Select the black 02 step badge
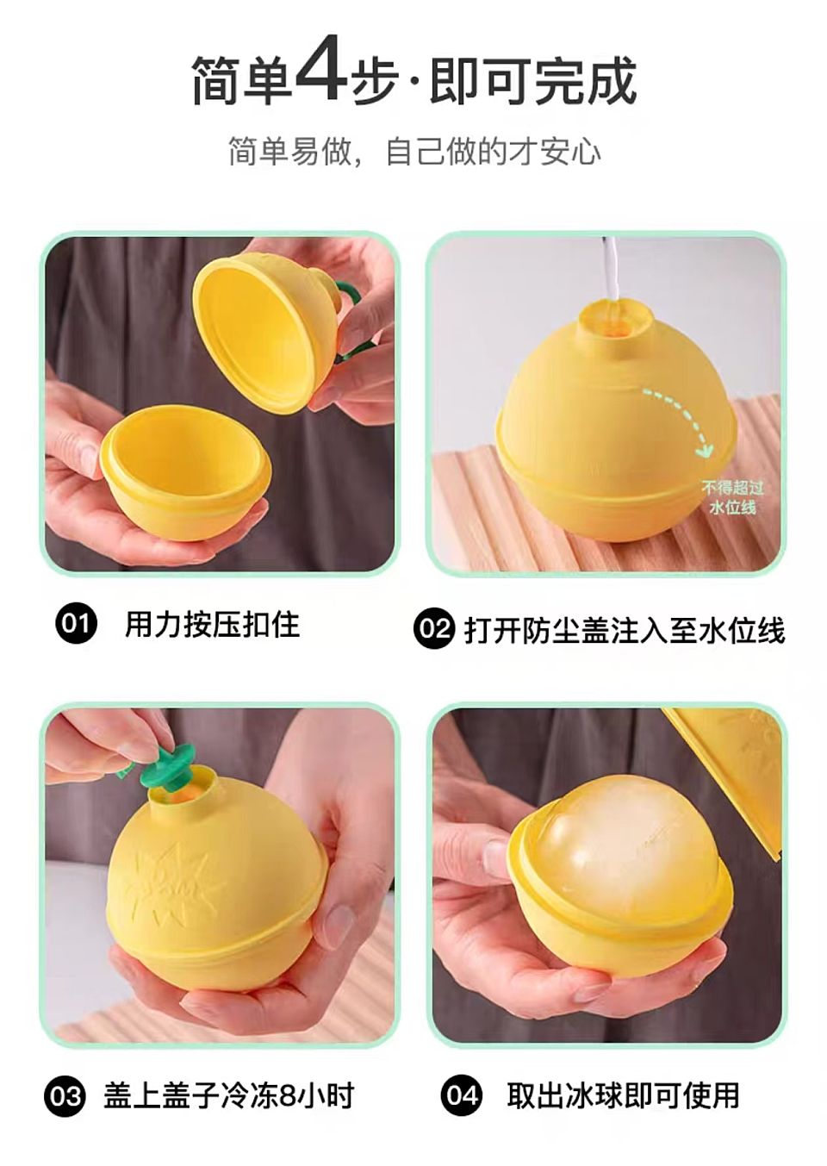[434, 629]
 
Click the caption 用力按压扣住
[212, 624]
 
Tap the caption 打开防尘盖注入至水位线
[625, 629]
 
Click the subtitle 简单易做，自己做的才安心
[415, 151]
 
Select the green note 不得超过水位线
[732, 497]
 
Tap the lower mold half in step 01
[185, 472]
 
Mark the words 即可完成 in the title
[533, 79]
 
